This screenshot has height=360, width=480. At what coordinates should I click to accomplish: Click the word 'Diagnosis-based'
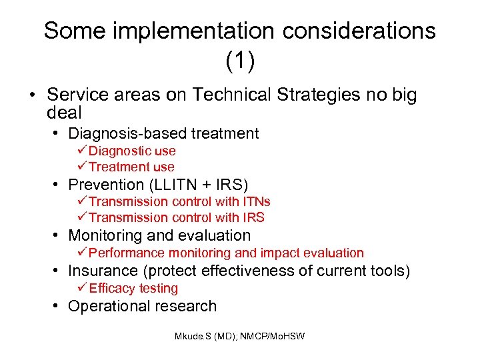coord(119,133)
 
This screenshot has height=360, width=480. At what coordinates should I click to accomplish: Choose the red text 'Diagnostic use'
coord(132,151)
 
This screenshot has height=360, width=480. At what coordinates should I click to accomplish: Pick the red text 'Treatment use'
coord(131,167)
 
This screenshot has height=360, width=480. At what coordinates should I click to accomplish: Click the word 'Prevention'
coord(106,185)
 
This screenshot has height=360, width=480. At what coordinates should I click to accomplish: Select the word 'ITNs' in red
coord(257,201)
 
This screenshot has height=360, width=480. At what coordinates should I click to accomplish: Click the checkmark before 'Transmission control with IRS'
coord(82,217)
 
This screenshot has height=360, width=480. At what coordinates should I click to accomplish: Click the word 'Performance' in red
coord(127,253)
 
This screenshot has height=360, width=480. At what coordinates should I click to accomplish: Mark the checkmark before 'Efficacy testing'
coord(82,288)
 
